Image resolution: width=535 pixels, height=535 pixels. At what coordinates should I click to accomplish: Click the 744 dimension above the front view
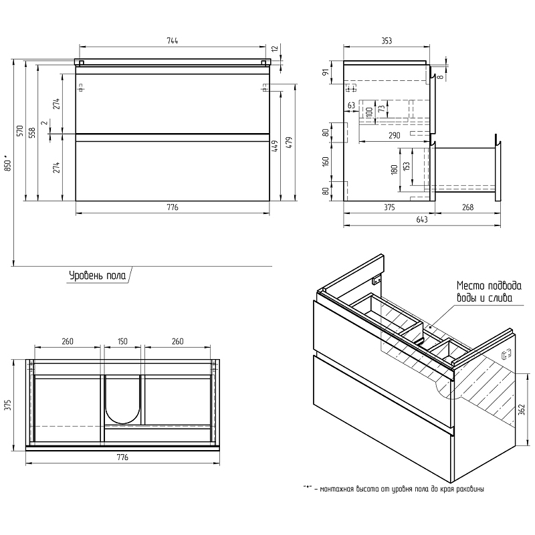click(x=173, y=41)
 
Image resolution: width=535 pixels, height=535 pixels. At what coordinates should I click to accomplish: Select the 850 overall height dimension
click(x=7, y=163)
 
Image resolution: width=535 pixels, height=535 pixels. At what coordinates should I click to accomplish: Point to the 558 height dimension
click(x=33, y=133)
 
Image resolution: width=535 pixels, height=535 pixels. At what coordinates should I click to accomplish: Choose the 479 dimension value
click(x=289, y=142)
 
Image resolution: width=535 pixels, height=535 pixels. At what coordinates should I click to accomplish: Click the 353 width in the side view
click(x=386, y=41)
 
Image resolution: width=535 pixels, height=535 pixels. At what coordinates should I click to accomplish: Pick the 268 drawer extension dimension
click(x=467, y=207)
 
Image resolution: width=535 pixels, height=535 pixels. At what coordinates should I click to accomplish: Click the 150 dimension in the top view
click(x=122, y=342)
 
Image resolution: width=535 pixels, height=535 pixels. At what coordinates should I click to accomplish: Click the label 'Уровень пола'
click(x=96, y=275)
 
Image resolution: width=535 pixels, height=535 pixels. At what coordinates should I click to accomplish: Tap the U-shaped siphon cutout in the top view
click(x=122, y=401)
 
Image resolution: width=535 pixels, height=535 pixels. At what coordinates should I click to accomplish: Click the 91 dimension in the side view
click(x=326, y=72)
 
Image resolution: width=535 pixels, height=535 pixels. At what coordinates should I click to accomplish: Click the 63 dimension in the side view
click(x=351, y=105)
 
